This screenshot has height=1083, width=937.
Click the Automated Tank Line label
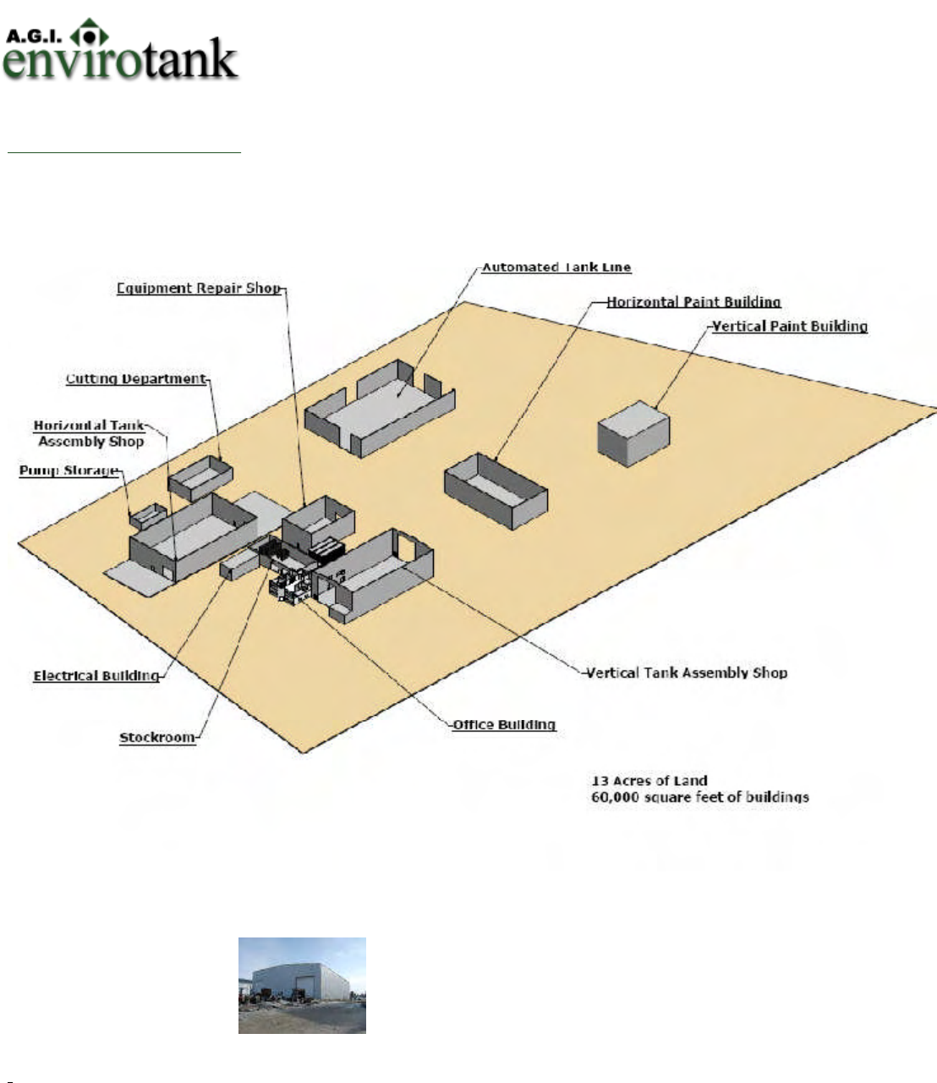556,267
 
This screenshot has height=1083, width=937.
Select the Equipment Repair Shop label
198,289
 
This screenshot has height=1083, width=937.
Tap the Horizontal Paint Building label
693,302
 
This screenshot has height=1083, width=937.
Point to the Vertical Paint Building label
789,327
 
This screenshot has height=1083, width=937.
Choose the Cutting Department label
135,379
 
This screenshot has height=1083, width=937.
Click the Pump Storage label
68,470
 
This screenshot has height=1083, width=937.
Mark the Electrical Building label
96,676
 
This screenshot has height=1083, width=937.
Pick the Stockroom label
156,738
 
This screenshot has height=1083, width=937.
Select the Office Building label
504,725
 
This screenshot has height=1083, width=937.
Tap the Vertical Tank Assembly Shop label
687,673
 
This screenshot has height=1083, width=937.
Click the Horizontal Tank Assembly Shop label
90,433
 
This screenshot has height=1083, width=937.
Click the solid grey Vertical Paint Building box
633,433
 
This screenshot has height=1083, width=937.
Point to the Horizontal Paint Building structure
496,491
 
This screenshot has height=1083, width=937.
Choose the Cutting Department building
200,476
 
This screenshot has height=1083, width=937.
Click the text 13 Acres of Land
649,781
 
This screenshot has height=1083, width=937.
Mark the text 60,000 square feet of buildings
699,797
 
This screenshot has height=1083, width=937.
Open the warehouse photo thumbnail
302,985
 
